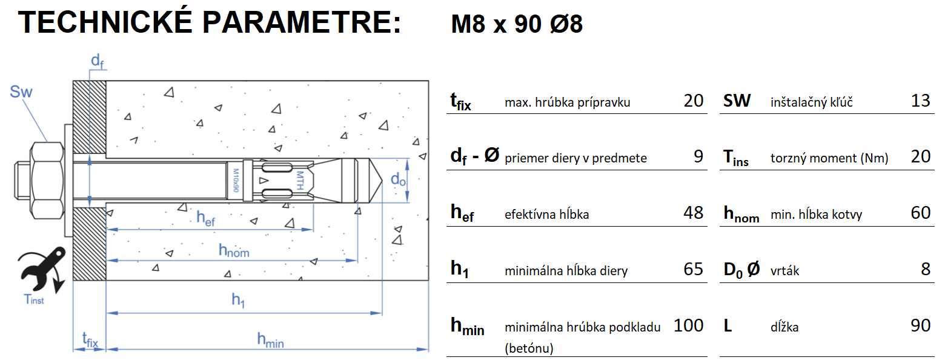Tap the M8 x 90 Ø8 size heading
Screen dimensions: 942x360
517,24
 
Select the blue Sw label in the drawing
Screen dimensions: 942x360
21,93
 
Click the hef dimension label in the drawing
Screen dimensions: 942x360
205,219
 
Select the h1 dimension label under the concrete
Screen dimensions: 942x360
238,300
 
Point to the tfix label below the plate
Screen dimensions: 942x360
90,341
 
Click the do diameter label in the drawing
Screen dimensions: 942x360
397,179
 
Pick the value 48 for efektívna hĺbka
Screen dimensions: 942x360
693,212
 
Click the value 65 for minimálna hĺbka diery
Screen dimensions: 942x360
693,268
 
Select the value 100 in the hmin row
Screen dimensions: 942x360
688,325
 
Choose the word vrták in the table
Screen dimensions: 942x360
784,270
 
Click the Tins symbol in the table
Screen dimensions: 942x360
736,158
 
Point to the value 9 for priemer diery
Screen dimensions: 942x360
698,156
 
